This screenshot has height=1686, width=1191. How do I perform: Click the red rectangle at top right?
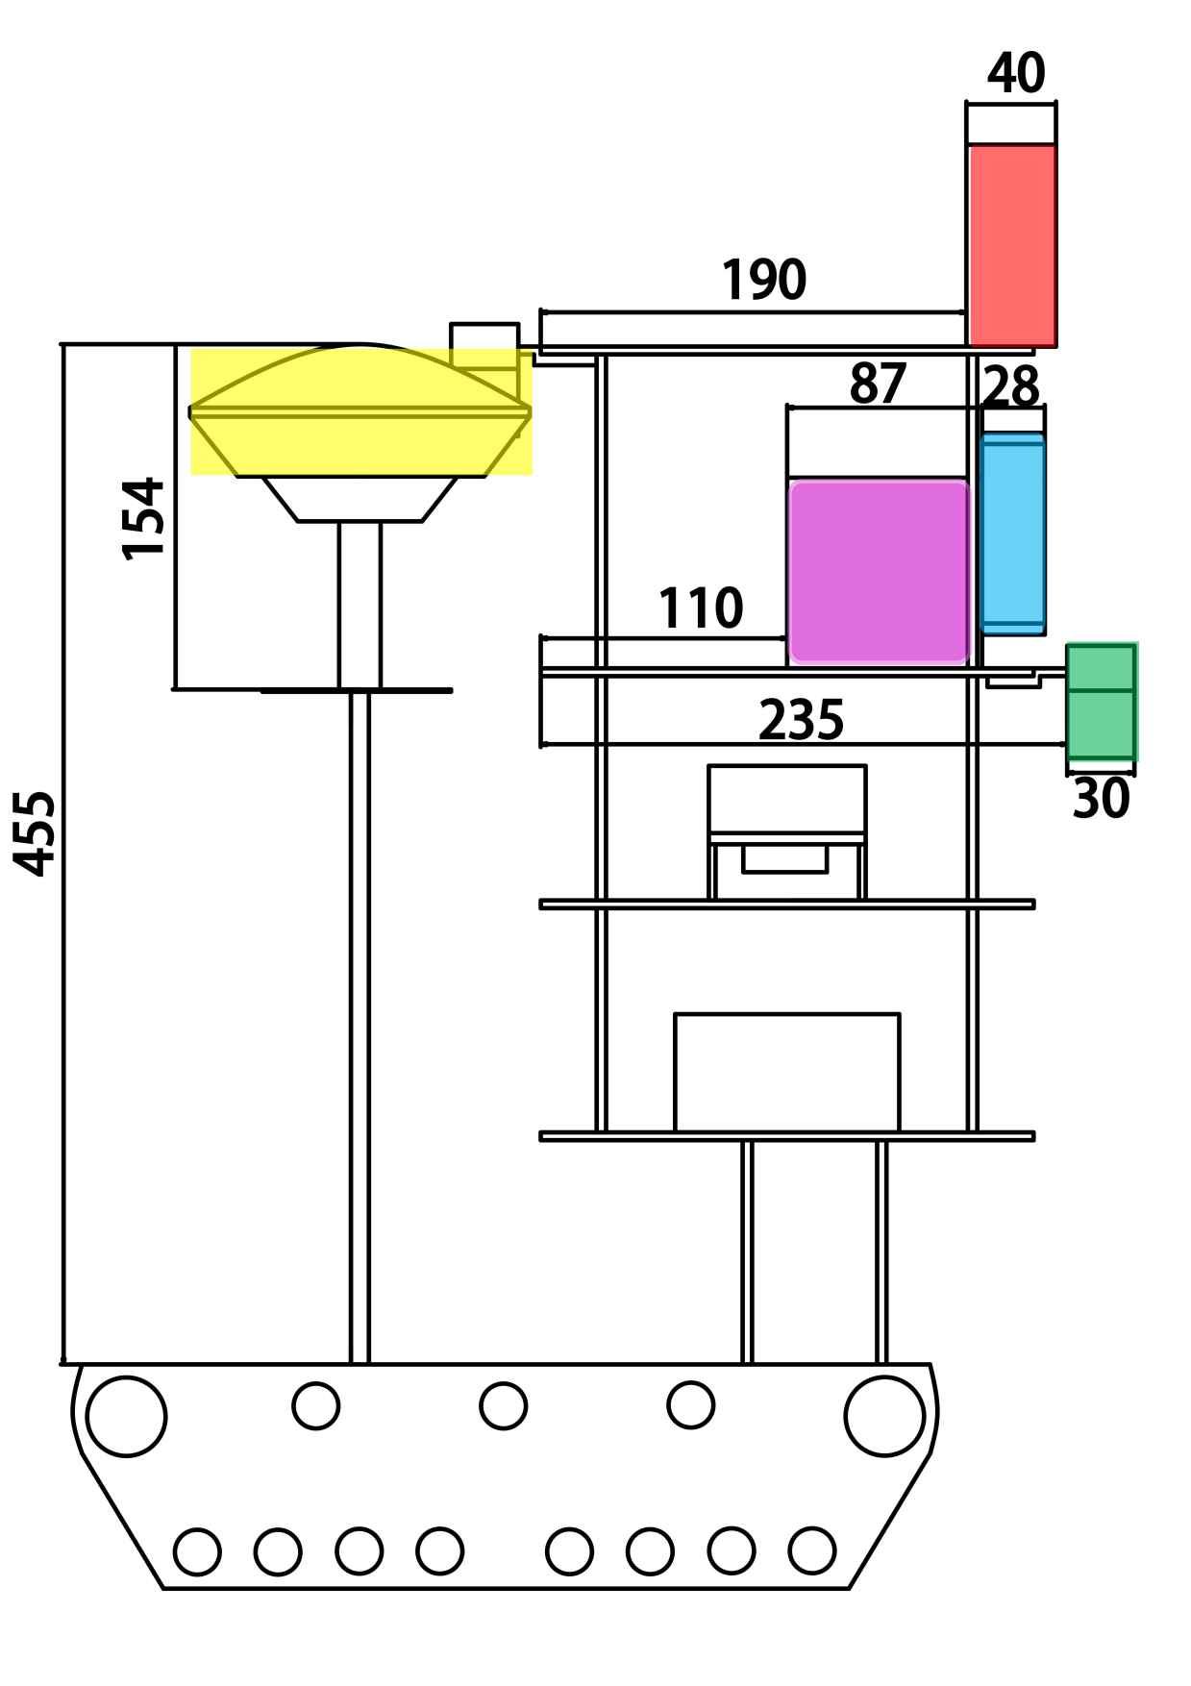pos(1012,245)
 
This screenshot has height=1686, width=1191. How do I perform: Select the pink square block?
pos(879,573)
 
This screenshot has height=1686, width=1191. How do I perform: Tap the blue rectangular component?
pos(1012,533)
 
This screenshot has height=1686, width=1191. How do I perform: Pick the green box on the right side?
pos(1102,703)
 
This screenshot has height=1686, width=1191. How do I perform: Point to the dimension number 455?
pos(36,833)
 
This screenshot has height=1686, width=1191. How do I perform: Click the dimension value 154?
pos(143,518)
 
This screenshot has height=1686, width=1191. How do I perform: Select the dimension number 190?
pos(764,281)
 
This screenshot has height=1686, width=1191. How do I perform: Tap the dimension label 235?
pos(802,721)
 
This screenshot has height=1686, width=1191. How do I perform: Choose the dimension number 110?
pos(700,608)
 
